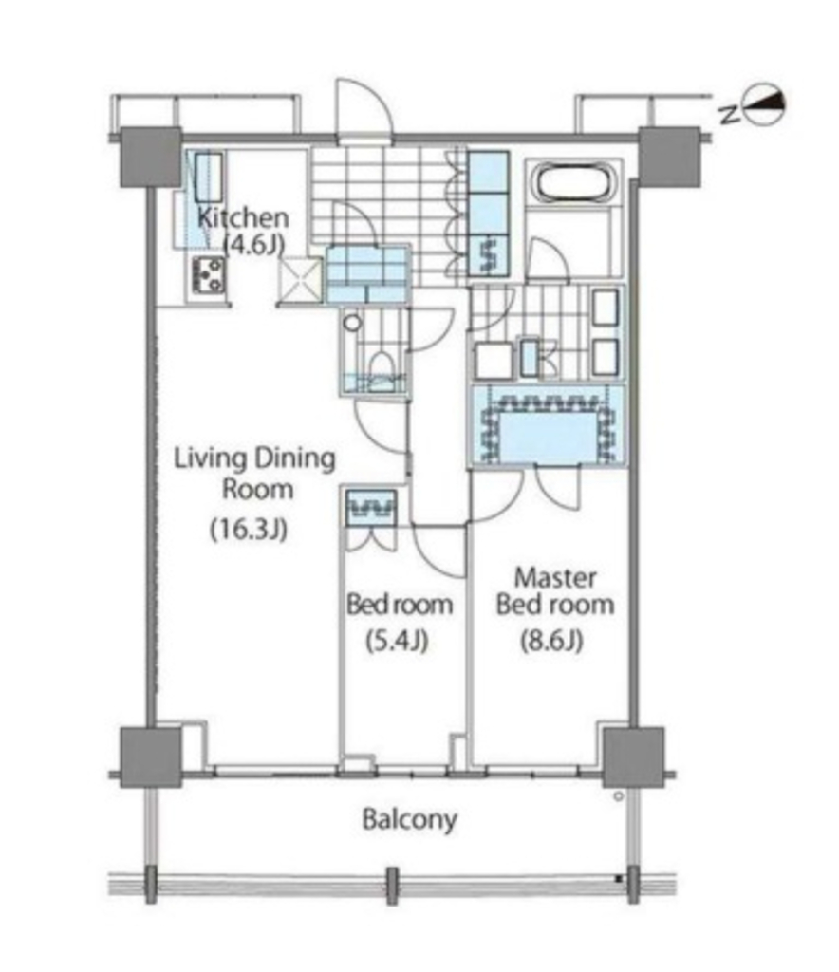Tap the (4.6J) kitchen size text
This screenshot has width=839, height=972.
[253, 244]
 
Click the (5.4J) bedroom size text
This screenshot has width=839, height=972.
[399, 641]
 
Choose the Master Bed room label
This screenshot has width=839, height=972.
[555, 590]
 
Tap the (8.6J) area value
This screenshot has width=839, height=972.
[550, 641]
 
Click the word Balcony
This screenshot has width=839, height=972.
[410, 818]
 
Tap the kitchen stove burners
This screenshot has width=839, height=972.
[208, 275]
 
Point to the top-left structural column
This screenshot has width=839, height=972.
[150, 157]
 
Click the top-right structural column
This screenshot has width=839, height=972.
[669, 157]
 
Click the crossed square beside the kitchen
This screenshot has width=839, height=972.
[301, 279]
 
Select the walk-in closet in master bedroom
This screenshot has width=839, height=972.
[549, 425]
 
